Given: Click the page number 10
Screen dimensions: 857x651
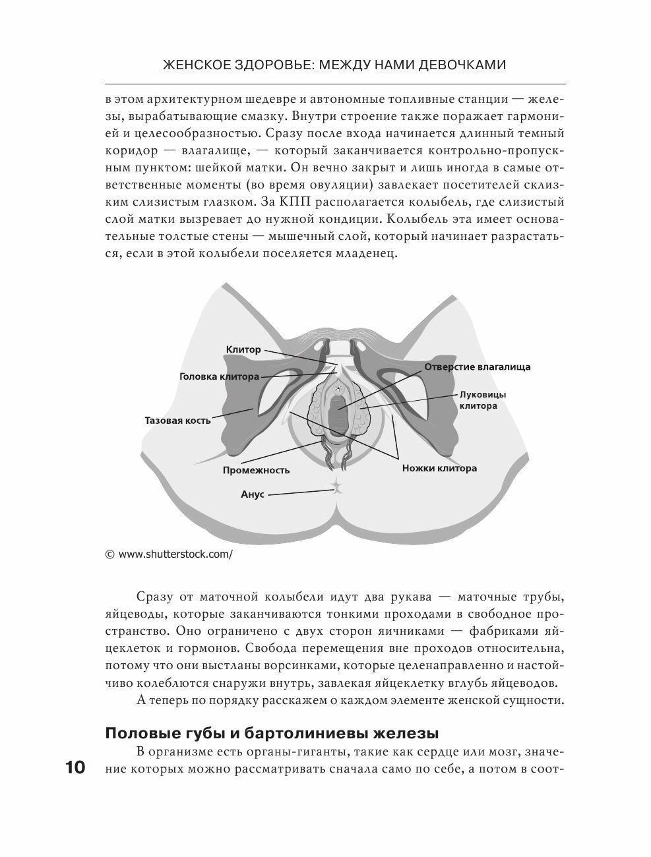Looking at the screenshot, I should click(75, 768).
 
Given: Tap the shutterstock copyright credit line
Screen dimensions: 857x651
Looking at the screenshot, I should click(169, 554).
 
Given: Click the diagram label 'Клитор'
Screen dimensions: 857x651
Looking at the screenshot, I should click(243, 349).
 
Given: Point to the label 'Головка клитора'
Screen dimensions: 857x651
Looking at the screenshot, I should click(219, 377).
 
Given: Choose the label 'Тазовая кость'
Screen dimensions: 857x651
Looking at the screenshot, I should click(178, 420).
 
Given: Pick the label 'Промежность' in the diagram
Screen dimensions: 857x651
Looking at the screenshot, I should click(256, 470).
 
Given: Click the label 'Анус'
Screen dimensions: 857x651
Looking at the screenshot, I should click(253, 494).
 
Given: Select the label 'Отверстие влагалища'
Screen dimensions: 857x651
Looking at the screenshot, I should click(477, 367).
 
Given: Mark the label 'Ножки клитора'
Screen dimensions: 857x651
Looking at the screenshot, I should click(439, 469).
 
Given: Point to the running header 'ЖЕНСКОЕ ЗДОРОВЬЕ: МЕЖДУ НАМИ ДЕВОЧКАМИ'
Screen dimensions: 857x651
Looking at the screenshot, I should click(334, 65).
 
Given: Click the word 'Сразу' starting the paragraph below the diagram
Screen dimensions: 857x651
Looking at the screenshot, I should click(153, 597).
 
